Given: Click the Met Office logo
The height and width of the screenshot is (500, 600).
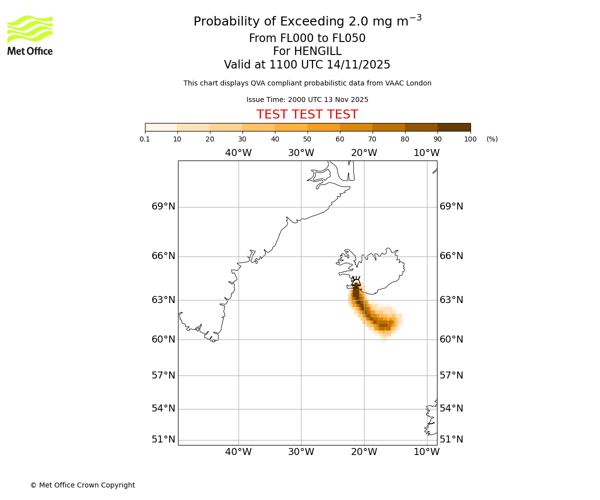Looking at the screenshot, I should [30, 35].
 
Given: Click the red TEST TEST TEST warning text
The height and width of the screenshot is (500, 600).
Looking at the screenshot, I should [307, 114].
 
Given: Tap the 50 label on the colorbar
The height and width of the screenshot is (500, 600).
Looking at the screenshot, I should [307, 139].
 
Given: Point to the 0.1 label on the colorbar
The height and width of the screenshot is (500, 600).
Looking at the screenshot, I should [145, 139].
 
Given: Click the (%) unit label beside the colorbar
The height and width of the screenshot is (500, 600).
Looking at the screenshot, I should [492, 139].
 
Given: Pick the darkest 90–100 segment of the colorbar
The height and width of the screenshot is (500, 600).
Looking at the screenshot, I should [454, 127].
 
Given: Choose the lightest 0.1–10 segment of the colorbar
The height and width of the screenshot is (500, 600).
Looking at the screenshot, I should [161, 127].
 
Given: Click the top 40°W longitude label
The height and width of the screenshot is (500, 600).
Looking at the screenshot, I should [238, 153].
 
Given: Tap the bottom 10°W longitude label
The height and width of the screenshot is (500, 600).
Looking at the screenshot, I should [426, 452].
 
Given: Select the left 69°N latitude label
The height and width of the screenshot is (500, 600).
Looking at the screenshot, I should [163, 206].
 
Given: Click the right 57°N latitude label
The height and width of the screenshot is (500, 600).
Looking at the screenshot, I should [451, 375].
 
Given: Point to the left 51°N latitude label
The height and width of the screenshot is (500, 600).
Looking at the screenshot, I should [163, 439].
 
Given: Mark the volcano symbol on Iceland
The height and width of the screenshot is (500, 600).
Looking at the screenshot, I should [356, 281].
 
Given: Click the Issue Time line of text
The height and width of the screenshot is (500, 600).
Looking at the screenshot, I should [307, 99].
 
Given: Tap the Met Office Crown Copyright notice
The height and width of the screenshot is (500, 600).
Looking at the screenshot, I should [82, 485].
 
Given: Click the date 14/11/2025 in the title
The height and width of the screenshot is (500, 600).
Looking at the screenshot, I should [358, 65].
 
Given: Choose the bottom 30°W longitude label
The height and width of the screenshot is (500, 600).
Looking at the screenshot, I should [300, 452].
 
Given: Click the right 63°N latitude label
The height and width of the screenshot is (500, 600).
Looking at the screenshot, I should [451, 300].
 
